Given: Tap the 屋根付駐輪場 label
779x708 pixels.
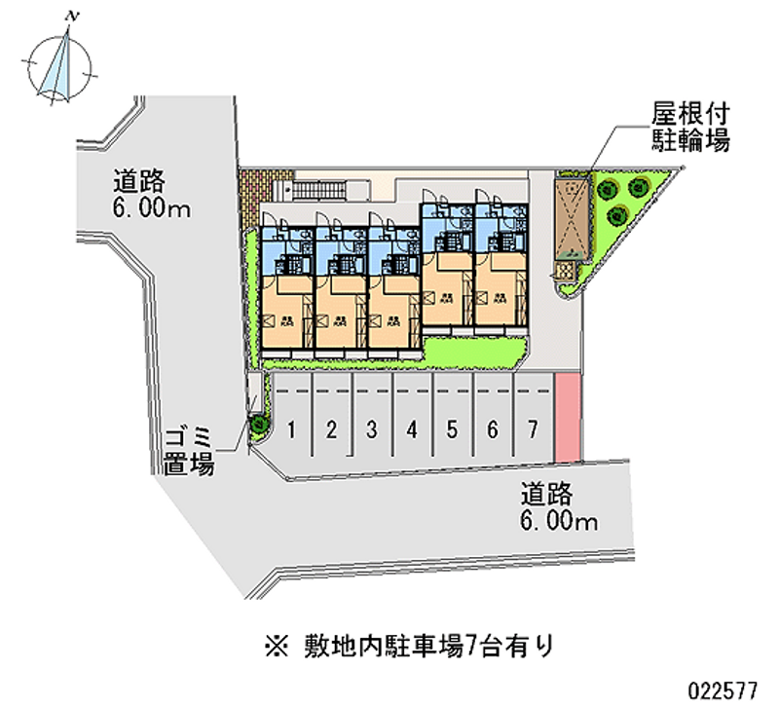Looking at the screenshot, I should (x=690, y=127).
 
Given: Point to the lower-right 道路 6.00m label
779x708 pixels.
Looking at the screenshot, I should (x=558, y=507).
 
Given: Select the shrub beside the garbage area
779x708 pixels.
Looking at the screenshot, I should (x=259, y=425).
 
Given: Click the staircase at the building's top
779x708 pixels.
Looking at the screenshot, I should (x=330, y=190).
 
